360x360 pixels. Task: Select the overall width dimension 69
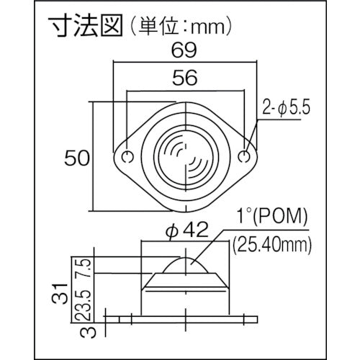(x=186, y=53)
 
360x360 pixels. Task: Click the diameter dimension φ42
(x=186, y=233)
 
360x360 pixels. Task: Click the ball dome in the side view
(x=186, y=266)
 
